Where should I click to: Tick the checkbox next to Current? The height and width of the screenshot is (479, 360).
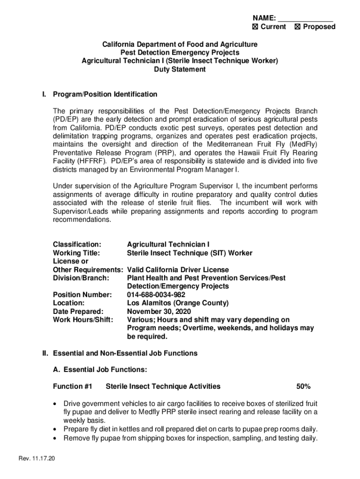255,27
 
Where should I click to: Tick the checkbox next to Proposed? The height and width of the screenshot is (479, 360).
298,27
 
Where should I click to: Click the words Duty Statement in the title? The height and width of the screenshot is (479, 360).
180,69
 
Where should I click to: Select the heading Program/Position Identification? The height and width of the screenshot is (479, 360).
105,94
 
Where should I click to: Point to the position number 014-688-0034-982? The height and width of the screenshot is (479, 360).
156,295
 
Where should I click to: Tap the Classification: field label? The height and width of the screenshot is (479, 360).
77,245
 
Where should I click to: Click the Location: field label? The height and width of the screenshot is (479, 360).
69,303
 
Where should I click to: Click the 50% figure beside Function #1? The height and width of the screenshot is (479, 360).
303,386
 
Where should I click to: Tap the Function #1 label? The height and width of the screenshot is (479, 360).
73,386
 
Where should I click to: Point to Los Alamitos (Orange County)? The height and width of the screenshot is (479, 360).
178,303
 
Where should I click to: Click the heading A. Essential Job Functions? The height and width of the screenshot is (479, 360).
101,370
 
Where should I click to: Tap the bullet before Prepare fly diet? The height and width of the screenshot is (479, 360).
57,429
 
